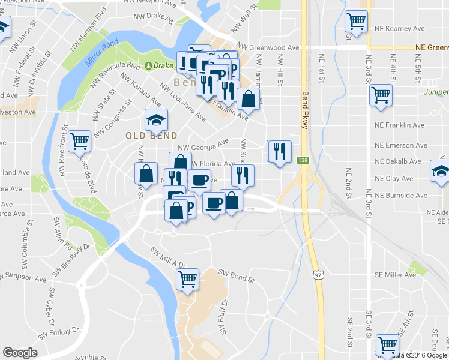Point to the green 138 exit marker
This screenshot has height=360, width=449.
301,160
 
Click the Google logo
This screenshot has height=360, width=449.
20,353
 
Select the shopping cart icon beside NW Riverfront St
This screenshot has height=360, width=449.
80,142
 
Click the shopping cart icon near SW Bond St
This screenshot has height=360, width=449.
187,279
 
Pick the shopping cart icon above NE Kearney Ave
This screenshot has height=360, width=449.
356,21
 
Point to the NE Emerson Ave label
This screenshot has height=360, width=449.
402,145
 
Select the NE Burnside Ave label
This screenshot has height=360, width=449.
402,196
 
